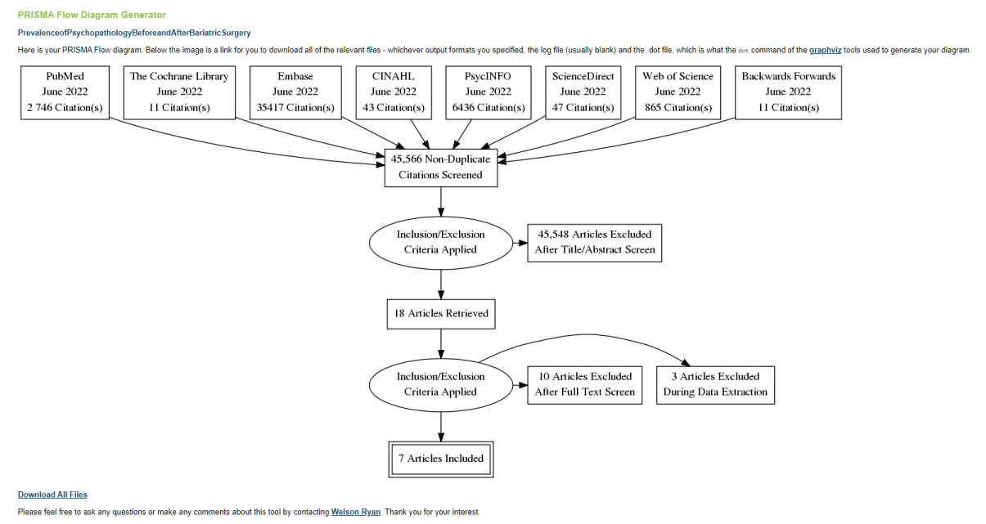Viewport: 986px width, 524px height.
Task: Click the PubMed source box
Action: [x=65, y=92]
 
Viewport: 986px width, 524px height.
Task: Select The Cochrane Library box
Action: [x=179, y=92]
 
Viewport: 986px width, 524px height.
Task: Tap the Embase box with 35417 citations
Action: [x=295, y=92]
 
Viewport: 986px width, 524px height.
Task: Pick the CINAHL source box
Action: [x=394, y=92]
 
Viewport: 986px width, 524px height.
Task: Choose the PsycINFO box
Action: [x=488, y=92]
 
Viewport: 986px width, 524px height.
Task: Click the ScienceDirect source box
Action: [x=583, y=92]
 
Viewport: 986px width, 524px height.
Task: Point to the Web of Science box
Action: [x=678, y=92]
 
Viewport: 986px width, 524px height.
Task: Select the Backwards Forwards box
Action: [x=788, y=92]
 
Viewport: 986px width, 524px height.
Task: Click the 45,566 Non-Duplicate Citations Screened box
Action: [x=441, y=168]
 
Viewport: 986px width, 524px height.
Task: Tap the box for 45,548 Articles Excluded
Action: [x=595, y=243]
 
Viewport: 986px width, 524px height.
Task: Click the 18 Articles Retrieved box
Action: [x=441, y=314]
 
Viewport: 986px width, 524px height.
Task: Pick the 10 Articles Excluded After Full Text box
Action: [x=584, y=385]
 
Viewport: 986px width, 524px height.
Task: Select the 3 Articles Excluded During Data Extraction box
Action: [x=715, y=385]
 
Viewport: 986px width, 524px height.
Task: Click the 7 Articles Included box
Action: [x=441, y=459]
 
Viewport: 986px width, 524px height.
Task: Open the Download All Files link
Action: [x=52, y=495]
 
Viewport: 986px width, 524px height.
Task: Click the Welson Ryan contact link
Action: [x=356, y=512]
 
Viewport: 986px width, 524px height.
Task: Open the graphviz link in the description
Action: [x=826, y=50]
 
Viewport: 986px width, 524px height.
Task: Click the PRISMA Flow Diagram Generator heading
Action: [x=92, y=15]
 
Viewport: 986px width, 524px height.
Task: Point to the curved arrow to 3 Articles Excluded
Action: [x=585, y=334]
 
